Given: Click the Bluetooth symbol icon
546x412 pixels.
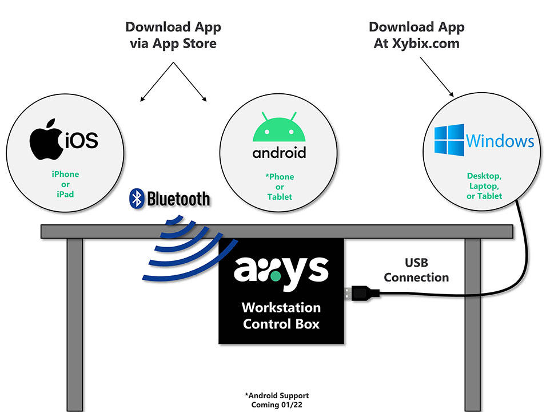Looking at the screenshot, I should pos(137,198).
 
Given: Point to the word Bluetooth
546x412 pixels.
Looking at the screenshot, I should pos(178,199).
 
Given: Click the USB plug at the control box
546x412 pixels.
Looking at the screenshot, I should pos(360,294).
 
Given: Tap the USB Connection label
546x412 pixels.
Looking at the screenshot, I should pos(416,270).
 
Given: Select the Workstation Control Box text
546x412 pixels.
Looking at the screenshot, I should pos(281,315).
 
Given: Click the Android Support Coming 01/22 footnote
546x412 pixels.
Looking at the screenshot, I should pos(277,399).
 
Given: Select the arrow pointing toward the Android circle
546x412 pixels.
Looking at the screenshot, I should pos(191,83).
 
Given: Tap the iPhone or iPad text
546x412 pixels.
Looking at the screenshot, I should pos(65,184).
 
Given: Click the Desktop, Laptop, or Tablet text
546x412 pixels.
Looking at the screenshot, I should pos(484,186).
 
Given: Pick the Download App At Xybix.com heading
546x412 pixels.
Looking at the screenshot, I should pos(416,35).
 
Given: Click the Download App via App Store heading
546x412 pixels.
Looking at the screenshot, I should pos(173,35).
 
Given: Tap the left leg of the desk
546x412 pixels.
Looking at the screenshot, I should pos(75,320).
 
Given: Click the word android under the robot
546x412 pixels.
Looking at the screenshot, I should pos(279,153).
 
